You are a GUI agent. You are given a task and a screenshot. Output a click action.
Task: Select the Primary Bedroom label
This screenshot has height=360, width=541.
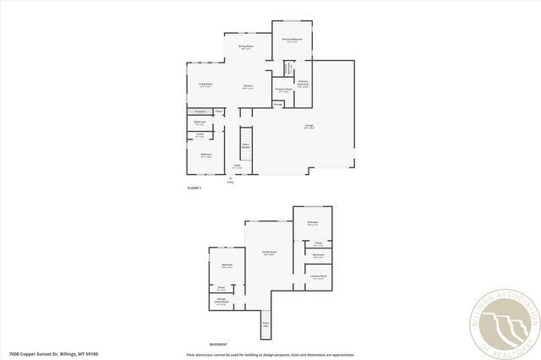[x=292, y=41]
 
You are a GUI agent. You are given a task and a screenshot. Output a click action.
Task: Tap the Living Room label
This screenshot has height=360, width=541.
[x=205, y=85]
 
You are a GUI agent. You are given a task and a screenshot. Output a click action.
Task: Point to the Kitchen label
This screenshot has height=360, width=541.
[x=249, y=87]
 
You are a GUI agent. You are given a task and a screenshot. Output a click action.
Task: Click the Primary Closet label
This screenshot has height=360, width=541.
[x=283, y=89]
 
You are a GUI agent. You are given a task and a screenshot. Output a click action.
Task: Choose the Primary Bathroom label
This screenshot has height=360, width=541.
[x=303, y=83]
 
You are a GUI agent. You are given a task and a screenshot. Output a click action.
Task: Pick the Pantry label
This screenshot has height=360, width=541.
[x=277, y=104]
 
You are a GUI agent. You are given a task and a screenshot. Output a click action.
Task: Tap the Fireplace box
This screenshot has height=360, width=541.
[x=199, y=112]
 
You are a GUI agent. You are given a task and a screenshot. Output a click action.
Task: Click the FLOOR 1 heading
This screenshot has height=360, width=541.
[x=194, y=187]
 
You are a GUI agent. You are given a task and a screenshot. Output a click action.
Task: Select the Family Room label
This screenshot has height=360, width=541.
[x=269, y=253]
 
